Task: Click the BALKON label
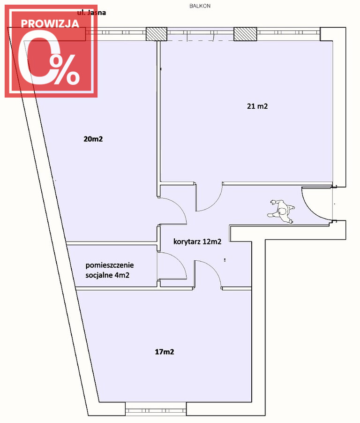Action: (200, 6)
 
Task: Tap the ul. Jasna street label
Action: (91, 13)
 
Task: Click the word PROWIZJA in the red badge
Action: (50, 24)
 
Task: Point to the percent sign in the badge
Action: (66, 70)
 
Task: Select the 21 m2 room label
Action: (257, 106)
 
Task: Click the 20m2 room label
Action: (93, 139)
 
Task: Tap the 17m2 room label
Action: (164, 352)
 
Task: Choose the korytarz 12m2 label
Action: (197, 242)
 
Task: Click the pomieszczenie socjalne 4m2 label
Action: (110, 270)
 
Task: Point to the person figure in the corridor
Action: (281, 211)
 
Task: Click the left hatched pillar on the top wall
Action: (157, 34)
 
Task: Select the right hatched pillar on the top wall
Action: (245, 34)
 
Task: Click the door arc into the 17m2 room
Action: (214, 268)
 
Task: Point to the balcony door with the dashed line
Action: (200, 35)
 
